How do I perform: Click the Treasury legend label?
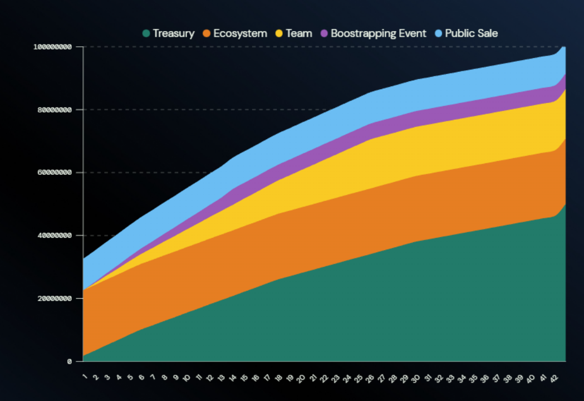[x=174, y=33]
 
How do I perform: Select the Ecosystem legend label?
[x=240, y=33]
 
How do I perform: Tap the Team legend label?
[x=299, y=33]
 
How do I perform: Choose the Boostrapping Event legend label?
[x=379, y=33]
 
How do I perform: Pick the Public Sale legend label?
[x=472, y=33]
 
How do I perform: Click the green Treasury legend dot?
[x=146, y=33]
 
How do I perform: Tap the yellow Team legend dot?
[x=279, y=33]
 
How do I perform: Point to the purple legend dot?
[x=324, y=33]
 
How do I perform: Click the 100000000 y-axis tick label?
[x=53, y=47]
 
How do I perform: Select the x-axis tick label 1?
[x=85, y=377]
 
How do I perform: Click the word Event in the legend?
[x=413, y=33]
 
